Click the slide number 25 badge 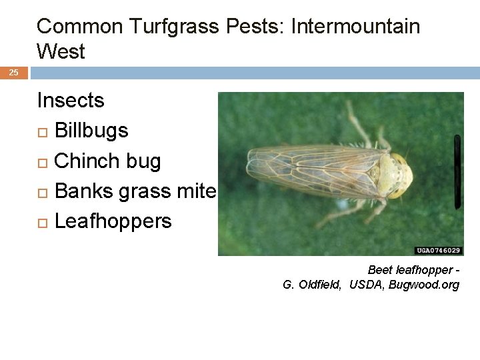[13, 72]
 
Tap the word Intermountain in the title [355, 27]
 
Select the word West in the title [61, 51]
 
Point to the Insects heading [71, 101]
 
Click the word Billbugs [91, 131]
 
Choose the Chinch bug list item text [107, 161]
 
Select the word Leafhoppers [113, 221]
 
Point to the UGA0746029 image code [438, 251]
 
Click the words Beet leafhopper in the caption [409, 271]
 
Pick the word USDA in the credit [365, 285]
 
